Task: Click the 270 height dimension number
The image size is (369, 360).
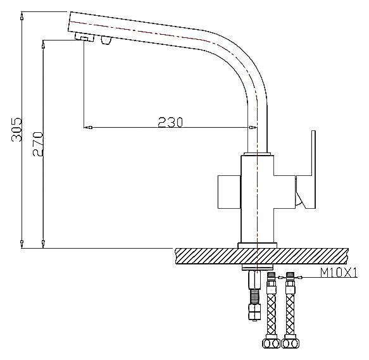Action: [x=37, y=142]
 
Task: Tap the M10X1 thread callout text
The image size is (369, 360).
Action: [x=339, y=273]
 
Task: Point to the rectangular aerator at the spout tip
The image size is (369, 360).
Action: [x=83, y=39]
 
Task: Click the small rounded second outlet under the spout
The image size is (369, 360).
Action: [x=106, y=42]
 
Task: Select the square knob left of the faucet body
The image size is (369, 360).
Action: [x=228, y=190]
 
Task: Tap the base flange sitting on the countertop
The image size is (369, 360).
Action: [x=256, y=244]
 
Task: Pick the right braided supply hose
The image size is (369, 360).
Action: [x=291, y=310]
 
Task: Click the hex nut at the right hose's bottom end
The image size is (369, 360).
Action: [x=291, y=344]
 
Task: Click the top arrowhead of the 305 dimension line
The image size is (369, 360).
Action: [x=22, y=14]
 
